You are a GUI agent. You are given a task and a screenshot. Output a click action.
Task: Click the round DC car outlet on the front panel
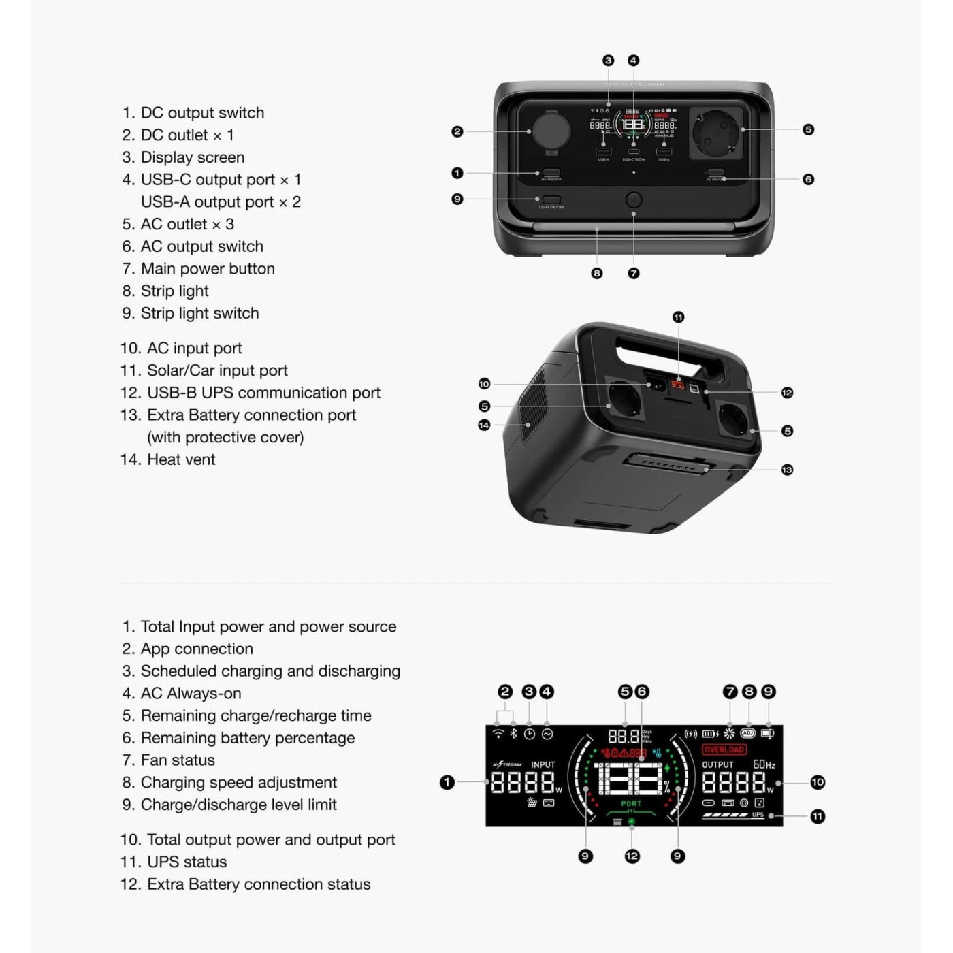coord(551,130)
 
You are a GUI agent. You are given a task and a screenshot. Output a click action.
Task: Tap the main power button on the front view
coord(634,200)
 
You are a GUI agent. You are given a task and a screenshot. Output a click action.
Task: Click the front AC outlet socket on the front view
coord(716,132)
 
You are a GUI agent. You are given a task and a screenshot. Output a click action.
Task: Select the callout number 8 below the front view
coord(597,273)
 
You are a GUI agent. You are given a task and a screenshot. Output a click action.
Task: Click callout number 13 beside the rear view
coord(787,470)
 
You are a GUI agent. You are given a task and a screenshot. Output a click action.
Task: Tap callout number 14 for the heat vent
coord(484,425)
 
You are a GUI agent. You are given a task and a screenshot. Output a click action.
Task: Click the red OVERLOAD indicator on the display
coord(724,749)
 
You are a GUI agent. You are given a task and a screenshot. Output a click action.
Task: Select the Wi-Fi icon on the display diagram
coord(498,734)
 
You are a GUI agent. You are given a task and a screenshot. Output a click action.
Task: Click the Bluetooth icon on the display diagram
coord(514,734)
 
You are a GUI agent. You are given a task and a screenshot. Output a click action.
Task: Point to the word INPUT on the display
coord(543,764)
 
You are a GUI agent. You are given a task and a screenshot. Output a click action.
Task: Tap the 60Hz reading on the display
coord(764,764)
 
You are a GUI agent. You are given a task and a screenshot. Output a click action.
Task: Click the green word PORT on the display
coord(631,803)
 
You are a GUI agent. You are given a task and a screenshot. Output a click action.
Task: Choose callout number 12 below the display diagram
coord(632,856)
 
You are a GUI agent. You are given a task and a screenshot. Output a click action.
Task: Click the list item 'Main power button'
coord(207,269)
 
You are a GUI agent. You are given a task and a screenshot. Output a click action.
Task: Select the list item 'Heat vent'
coord(180,459)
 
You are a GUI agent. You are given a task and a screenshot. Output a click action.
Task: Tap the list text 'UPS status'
coord(187,862)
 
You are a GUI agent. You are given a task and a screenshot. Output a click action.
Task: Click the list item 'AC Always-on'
coord(191,694)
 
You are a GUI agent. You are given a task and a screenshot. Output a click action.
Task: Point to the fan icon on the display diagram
coord(729,733)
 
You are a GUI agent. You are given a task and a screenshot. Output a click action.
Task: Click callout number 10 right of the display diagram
coord(818,782)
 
